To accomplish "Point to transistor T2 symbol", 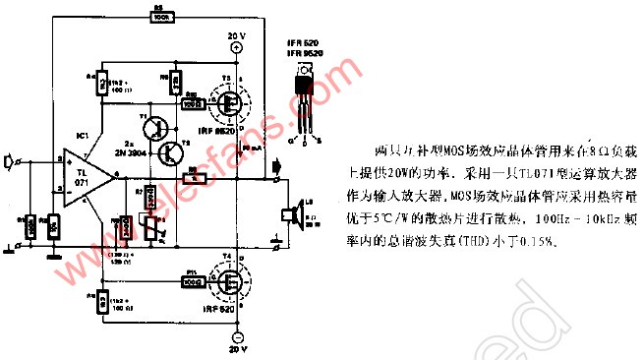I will click(174, 150).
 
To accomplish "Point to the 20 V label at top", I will click(236, 36).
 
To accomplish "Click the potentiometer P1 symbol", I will click(149, 225).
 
